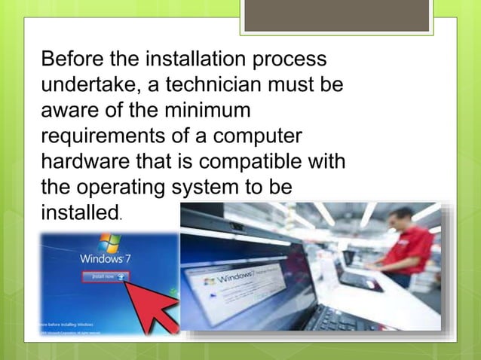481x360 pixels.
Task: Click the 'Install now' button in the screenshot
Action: point(106,276)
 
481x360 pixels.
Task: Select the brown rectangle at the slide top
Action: point(337,16)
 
